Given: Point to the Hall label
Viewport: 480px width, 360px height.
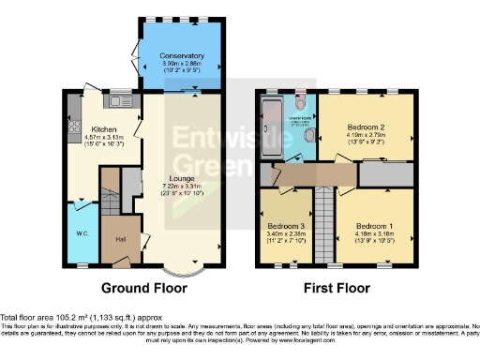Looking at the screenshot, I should (x=121, y=238).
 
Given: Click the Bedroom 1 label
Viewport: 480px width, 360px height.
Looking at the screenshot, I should (x=372, y=225).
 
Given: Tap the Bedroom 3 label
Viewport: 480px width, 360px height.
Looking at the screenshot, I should (x=285, y=228).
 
